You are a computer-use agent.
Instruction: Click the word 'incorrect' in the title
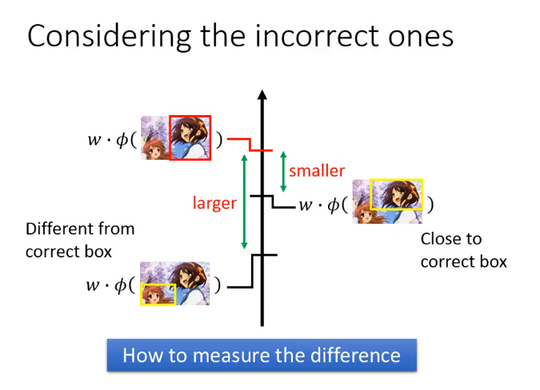pyautogui.click(x=318, y=36)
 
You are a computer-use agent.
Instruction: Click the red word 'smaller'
pyautogui.click(x=317, y=170)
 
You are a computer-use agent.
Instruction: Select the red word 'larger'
pyautogui.click(x=214, y=203)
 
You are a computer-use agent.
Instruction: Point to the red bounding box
pyautogui.click(x=170, y=138)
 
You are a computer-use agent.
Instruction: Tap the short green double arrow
pyautogui.click(x=283, y=172)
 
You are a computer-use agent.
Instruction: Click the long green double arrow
pyautogui.click(x=245, y=201)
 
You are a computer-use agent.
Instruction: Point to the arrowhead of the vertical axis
pyautogui.click(x=262, y=95)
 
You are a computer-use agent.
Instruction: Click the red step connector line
pyautogui.click(x=250, y=145)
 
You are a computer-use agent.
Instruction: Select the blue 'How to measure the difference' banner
pyautogui.click(x=262, y=356)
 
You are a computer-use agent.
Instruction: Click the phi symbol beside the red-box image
pyautogui.click(x=122, y=139)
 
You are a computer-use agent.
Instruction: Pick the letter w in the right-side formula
pyautogui.click(x=305, y=205)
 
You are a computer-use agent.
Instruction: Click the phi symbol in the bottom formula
pyautogui.click(x=121, y=285)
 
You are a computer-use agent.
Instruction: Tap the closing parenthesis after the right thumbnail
pyautogui.click(x=430, y=205)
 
